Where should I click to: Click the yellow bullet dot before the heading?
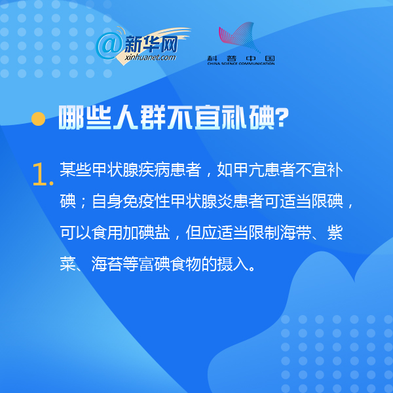click(39, 119)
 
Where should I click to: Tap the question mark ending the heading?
click(282, 118)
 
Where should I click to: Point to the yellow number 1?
click(40, 174)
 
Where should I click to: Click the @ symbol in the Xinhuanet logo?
click(109, 46)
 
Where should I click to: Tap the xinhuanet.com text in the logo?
click(150, 58)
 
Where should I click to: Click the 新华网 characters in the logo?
click(151, 44)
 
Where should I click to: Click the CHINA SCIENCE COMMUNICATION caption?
click(241, 64)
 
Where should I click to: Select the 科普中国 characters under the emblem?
click(241, 58)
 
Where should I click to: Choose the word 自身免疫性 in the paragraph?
click(131, 201)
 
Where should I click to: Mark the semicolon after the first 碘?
click(83, 202)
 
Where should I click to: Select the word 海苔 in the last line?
click(107, 264)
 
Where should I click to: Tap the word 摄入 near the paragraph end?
click(233, 264)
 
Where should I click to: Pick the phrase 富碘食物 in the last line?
click(170, 264)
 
